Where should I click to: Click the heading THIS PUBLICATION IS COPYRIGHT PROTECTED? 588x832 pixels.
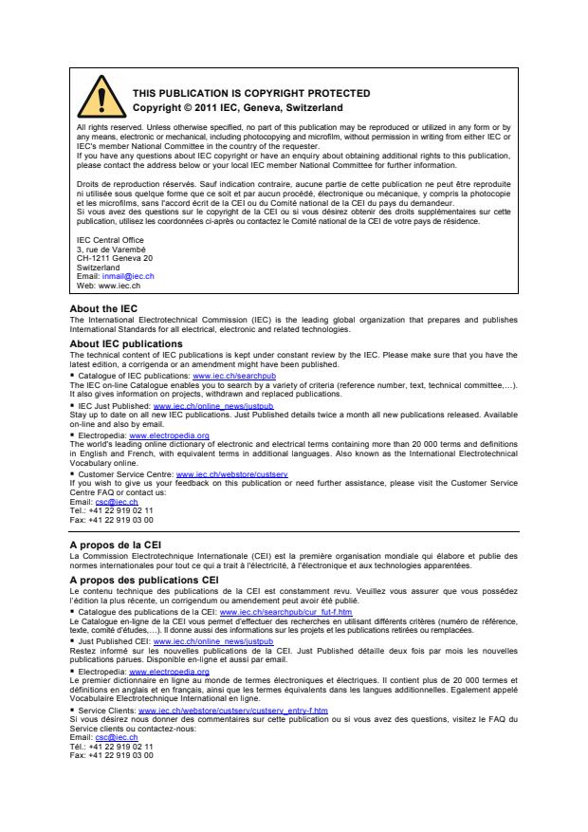pos(251,93)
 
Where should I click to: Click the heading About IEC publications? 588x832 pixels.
pos(126,343)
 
